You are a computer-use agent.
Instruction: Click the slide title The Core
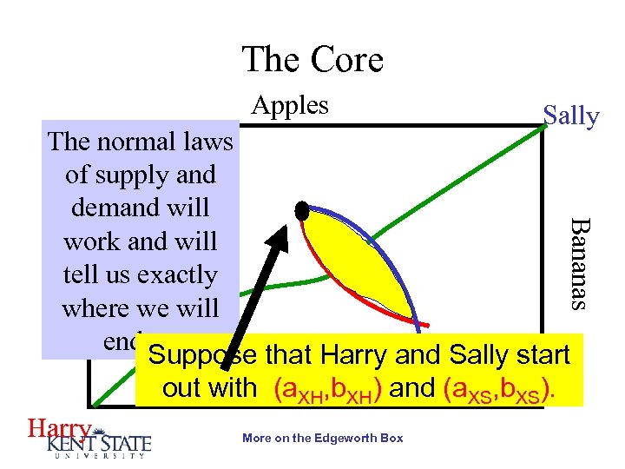pos(312,60)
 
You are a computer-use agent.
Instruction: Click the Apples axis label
pos(290,105)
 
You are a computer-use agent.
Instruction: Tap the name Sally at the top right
pos(570,116)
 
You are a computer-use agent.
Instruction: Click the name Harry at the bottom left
pos(58,428)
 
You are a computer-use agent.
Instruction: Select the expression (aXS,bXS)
pos(495,389)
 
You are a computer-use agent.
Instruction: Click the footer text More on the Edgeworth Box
pos(323,438)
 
